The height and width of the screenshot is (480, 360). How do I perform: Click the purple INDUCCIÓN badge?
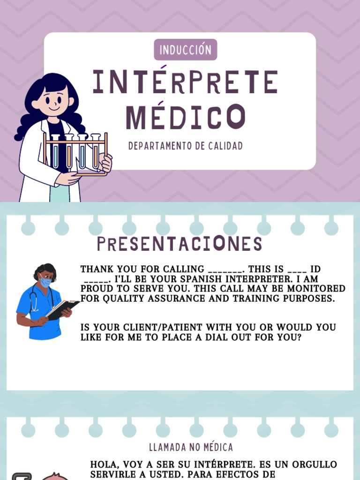pos(185,50)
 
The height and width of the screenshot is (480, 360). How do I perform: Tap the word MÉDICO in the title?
pos(185,117)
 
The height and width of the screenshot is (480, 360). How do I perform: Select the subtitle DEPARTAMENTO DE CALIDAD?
pos(186,146)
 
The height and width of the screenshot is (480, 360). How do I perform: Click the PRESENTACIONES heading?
pos(180,244)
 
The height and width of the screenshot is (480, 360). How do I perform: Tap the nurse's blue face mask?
pos(45,282)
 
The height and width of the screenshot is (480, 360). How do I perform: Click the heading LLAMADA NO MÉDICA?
pos(191,447)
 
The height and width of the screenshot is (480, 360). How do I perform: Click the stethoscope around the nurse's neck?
pos(33,300)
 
